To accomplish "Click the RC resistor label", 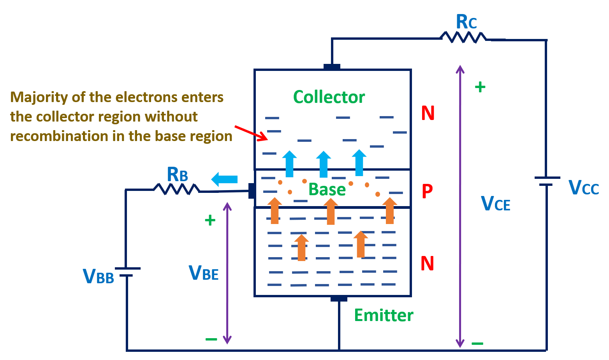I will click(x=466, y=22).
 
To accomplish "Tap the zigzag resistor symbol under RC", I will click(x=463, y=37).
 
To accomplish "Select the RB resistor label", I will click(x=177, y=175).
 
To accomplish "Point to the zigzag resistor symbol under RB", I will click(x=176, y=189).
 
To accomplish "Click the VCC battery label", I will click(x=583, y=188).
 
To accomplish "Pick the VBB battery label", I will click(x=98, y=276).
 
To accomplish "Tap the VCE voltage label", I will click(x=495, y=204).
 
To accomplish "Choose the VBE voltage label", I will click(x=203, y=273).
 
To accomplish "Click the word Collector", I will click(x=329, y=97).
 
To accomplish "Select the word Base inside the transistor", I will click(x=327, y=190).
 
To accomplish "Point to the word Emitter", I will click(x=384, y=315).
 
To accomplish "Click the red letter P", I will click(x=427, y=191).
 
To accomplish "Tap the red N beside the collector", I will click(x=428, y=113).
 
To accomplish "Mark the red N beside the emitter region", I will click(x=427, y=264).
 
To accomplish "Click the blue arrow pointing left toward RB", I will click(x=224, y=179).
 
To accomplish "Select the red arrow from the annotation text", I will click(x=251, y=132).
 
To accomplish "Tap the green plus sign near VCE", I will click(x=480, y=87).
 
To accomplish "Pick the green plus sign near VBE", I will click(x=210, y=221).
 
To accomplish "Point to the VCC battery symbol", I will click(x=547, y=181).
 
